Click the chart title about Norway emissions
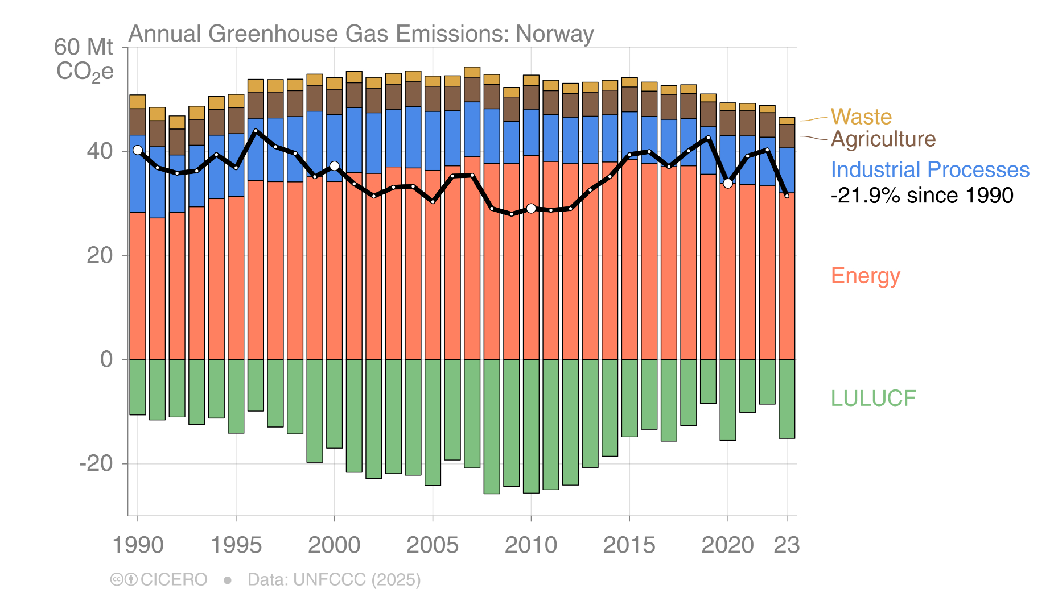(361, 34)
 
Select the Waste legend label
(861, 117)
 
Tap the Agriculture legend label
(883, 139)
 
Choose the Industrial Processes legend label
(929, 169)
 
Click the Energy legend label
(865, 276)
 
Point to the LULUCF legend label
(873, 398)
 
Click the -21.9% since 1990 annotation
(921, 195)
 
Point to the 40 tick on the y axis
(100, 151)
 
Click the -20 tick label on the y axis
(96, 463)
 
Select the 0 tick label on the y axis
(106, 359)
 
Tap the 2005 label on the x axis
(432, 545)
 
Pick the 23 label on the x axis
(787, 545)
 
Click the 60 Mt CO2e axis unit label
(84, 59)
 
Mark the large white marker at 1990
(138, 150)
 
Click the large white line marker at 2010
(531, 209)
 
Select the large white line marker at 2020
(727, 183)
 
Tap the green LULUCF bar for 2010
(531, 426)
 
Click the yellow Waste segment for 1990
(138, 102)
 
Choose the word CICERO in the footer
(174, 579)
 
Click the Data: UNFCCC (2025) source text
(334, 579)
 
